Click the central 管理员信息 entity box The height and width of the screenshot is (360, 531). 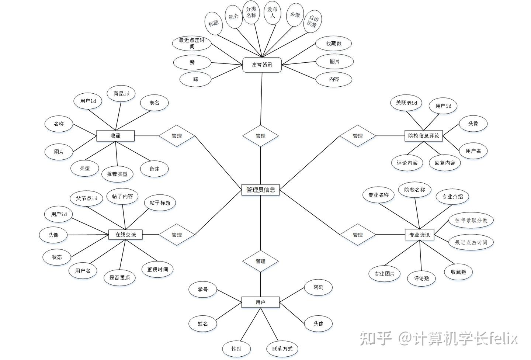260,190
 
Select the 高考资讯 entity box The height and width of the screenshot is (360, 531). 262,65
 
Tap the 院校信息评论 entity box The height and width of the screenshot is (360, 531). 423,136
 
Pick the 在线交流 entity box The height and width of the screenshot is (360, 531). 125,235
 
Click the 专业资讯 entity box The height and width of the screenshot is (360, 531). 419,235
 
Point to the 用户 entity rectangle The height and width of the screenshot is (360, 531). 260,302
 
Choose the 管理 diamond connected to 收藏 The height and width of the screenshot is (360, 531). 177,136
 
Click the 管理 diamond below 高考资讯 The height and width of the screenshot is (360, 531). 260,136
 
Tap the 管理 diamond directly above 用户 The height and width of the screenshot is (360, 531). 260,261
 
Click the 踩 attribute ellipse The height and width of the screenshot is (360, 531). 195,79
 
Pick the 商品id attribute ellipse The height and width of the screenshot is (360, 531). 121,94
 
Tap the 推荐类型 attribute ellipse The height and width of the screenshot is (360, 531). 117,174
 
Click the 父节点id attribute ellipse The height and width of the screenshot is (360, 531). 87,198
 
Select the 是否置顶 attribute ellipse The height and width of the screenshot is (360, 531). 119,278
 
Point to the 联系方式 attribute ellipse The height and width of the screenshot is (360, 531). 282,349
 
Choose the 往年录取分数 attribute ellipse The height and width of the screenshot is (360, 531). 471,220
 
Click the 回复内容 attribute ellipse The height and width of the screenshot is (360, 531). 445,163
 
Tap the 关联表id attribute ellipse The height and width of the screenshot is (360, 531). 406,103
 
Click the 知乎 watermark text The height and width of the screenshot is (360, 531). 375,338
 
